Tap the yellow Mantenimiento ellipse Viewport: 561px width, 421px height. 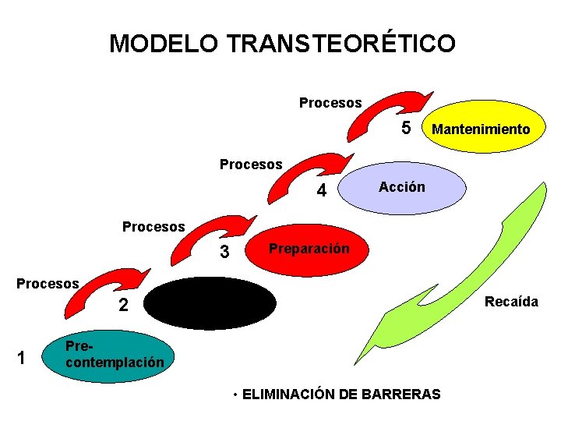coord(480,129)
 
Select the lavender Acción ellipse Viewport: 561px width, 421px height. coord(402,188)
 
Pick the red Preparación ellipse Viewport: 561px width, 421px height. coord(309,249)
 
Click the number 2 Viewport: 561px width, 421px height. coord(123,306)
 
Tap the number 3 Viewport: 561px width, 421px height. coord(224,253)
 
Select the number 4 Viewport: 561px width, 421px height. coord(320,191)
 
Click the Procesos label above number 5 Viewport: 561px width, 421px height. coord(330,103)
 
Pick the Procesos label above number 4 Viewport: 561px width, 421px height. coord(251,165)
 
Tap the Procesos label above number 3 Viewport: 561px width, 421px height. coord(153,227)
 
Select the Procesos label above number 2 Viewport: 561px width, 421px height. coord(48,283)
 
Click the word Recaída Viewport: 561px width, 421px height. coord(511,301)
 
